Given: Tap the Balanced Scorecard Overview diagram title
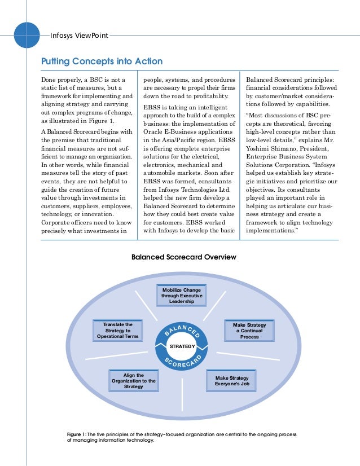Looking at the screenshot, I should coord(183,257).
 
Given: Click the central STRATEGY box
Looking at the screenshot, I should coord(183,346).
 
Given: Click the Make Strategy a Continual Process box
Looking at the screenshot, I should coord(249,331).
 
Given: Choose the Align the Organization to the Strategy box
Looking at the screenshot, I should coord(133,381).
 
